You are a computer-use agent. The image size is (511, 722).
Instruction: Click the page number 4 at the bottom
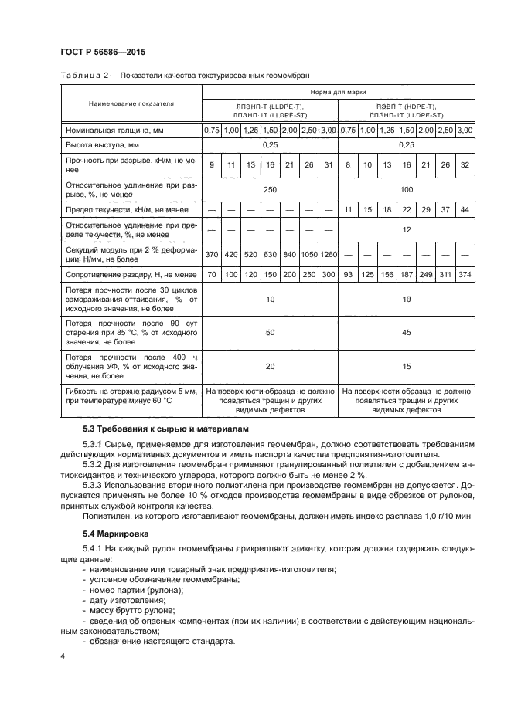(63, 656)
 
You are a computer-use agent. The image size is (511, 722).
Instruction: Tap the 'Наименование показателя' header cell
(131, 103)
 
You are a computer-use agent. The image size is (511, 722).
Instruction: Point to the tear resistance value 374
(465, 274)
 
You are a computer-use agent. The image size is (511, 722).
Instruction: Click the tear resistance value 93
(348, 274)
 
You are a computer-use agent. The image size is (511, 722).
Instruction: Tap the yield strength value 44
(465, 209)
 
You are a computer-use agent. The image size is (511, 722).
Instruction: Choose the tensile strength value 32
(465, 165)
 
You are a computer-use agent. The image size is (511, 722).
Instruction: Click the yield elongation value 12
(407, 230)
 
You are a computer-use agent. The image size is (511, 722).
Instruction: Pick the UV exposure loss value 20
(271, 367)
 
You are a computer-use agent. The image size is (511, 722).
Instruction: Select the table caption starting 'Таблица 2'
(186, 75)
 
